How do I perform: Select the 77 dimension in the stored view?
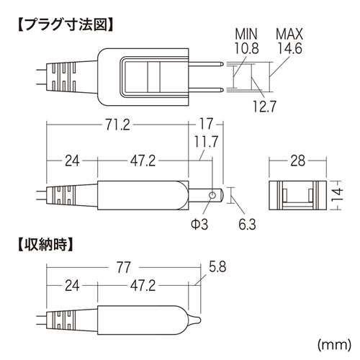[x=123, y=267]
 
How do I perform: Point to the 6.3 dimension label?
[x=246, y=225]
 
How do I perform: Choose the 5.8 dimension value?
[x=220, y=266]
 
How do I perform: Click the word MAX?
[x=288, y=32]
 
